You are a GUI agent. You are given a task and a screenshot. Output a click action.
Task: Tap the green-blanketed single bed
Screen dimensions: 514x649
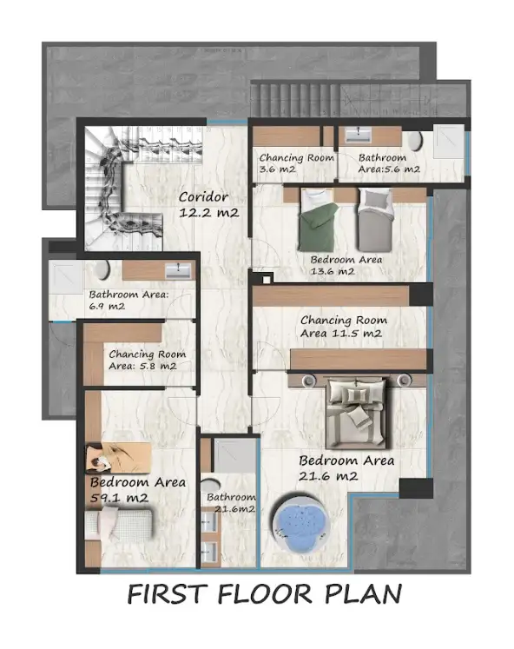tap(318, 220)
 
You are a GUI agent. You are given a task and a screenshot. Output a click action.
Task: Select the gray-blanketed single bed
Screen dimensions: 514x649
tap(374, 220)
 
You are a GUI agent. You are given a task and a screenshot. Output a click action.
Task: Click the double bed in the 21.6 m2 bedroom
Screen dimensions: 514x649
tap(358, 414)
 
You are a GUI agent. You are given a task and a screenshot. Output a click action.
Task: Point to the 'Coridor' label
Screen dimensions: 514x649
tap(203, 197)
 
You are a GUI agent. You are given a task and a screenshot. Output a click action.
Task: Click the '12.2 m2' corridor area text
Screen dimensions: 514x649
tap(209, 213)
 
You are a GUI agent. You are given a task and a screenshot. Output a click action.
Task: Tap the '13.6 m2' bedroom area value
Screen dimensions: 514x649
tap(332, 272)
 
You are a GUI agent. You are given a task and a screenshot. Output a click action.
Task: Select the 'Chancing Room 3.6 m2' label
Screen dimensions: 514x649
tap(296, 163)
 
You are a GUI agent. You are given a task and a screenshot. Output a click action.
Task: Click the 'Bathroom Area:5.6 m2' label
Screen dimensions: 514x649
tap(389, 163)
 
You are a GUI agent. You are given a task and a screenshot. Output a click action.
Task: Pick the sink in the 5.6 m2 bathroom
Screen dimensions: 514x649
tap(358, 135)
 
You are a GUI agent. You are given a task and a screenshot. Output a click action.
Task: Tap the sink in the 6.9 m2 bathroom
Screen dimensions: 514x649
tap(178, 271)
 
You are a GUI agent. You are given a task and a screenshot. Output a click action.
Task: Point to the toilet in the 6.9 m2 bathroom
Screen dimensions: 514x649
tap(102, 269)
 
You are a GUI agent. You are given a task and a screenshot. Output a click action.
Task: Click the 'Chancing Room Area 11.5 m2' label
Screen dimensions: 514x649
tap(343, 327)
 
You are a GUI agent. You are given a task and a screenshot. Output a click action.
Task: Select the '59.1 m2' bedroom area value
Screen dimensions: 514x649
tap(119, 498)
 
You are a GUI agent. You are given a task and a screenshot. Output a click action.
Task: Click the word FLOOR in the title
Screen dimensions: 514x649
tap(264, 594)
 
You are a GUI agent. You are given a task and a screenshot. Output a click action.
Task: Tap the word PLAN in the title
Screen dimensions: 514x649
tap(363, 594)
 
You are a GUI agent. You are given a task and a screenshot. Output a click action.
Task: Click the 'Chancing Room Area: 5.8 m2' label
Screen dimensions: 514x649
tap(148, 360)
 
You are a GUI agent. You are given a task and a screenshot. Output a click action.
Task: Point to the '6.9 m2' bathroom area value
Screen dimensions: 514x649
tap(107, 307)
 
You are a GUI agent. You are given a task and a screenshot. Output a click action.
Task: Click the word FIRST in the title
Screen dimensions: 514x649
tap(166, 594)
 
